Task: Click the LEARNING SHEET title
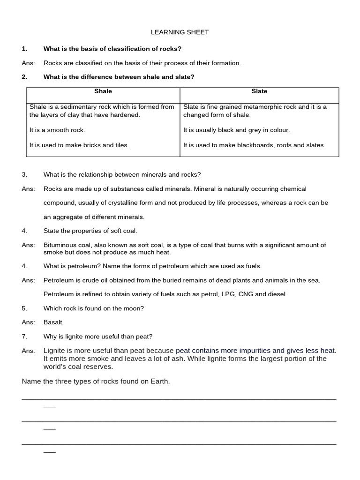coord(180,32)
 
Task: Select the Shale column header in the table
coord(103,91)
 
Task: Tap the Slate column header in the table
coord(259,91)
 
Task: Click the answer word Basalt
coord(53,322)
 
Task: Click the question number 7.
coord(24,337)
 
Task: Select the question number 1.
coord(24,49)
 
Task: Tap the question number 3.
coord(24,175)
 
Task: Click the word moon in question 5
coord(133,308)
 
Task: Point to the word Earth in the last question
coord(158,382)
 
